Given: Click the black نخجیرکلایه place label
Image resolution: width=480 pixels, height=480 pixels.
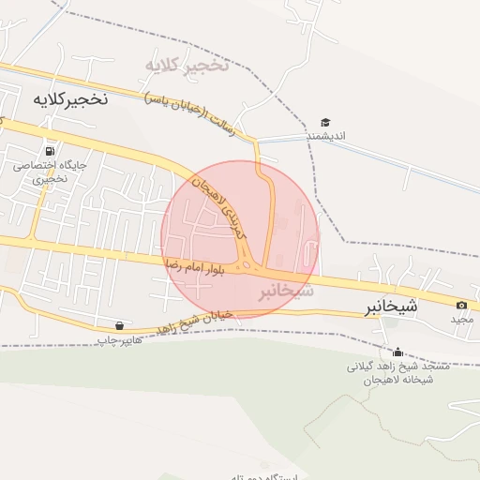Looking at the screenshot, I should pyautogui.click(x=70, y=98).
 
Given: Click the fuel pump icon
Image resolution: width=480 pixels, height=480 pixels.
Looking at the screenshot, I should pyautogui.click(x=48, y=150).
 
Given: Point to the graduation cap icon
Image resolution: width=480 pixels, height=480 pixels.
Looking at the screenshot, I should pyautogui.click(x=325, y=123).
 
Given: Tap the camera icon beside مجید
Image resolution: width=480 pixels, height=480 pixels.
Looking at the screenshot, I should pyautogui.click(x=461, y=305).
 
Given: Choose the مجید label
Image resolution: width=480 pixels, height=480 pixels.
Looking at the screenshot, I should pyautogui.click(x=463, y=319).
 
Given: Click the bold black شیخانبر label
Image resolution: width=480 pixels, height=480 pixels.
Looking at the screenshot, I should pyautogui.click(x=393, y=307).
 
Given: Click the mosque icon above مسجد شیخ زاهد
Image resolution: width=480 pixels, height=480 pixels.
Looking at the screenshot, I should pyautogui.click(x=398, y=352).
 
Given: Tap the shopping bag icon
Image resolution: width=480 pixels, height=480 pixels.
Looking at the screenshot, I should pyautogui.click(x=118, y=325).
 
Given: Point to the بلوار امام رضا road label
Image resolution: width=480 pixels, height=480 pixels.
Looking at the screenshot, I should pyautogui.click(x=198, y=266).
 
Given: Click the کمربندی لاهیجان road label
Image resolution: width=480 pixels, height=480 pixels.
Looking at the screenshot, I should pyautogui.click(x=219, y=202).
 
